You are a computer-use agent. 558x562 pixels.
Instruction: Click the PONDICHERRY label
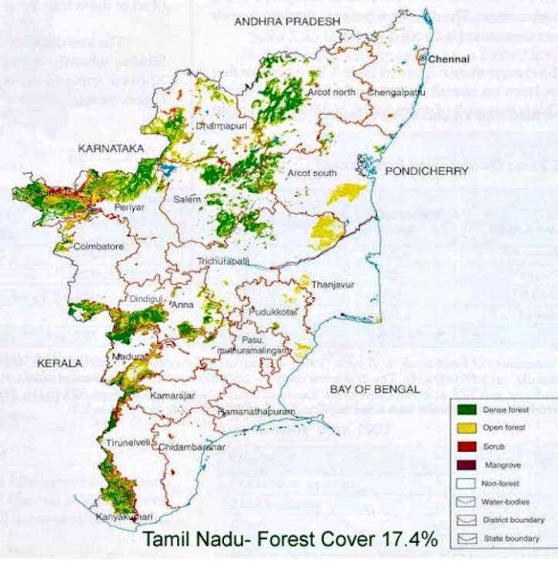click(x=427, y=171)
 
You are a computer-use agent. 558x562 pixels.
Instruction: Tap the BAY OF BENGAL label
click(x=374, y=390)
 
